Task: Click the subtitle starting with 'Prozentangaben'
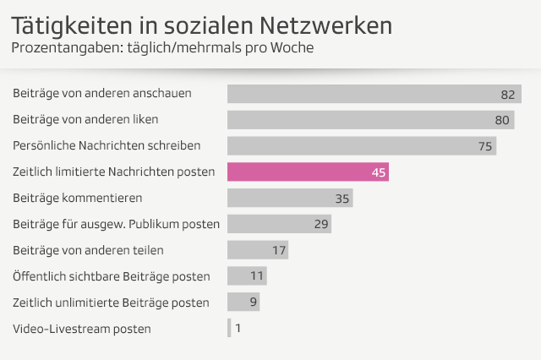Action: (162, 47)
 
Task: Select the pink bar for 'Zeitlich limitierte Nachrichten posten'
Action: (308, 172)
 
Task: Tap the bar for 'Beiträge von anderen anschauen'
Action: (374, 94)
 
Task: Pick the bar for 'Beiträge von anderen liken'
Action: (370, 120)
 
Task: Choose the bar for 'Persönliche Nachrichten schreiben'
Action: (361, 146)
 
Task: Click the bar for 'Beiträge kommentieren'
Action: (289, 199)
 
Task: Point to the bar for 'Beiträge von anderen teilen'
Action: (257, 250)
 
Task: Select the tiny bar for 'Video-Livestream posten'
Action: (229, 328)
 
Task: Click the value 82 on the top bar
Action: (507, 94)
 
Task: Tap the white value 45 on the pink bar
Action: (379, 172)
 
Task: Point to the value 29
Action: (321, 224)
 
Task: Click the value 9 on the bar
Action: (252, 302)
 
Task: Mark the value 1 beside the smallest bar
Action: (238, 328)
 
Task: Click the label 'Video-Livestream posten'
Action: (82, 329)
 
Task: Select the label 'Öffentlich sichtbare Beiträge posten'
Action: (112, 276)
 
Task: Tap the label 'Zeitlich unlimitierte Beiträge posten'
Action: (112, 303)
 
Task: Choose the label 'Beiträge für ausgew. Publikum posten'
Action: (117, 225)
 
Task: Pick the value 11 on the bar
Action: (258, 276)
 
